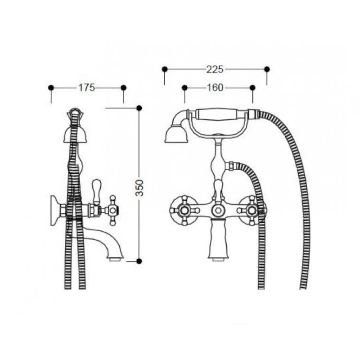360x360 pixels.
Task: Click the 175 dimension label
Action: coord(86,87)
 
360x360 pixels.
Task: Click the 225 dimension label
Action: coord(215,69)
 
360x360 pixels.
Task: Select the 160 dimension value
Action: coord(215,87)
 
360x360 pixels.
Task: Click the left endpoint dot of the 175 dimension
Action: coord(51,87)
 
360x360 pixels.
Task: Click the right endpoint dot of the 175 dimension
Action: coord(123,87)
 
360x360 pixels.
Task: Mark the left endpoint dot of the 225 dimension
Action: coord(165,69)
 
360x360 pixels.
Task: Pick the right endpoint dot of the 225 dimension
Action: coord(267,69)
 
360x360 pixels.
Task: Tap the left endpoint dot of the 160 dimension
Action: coord(184,87)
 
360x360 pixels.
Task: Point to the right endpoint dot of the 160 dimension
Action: coord(252,87)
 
